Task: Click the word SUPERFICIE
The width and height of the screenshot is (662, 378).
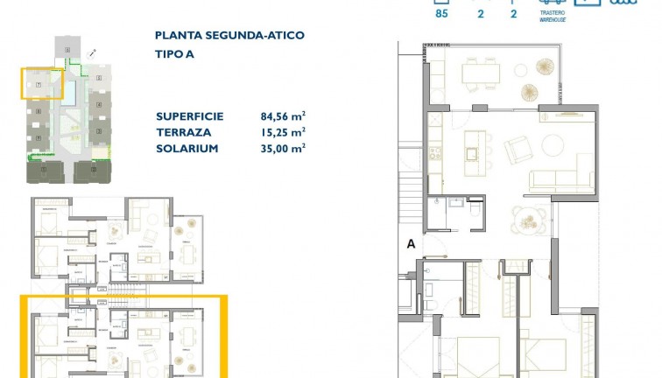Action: (x=189, y=115)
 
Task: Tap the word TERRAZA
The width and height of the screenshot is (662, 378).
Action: (x=183, y=132)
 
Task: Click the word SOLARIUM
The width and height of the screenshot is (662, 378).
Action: (x=187, y=149)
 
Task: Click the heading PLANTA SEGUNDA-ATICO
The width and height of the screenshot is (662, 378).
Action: (x=229, y=36)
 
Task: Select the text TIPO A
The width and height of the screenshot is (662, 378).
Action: (x=176, y=53)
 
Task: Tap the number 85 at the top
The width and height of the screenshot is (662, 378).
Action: (x=441, y=13)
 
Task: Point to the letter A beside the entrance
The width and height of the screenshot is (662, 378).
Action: (x=410, y=245)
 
